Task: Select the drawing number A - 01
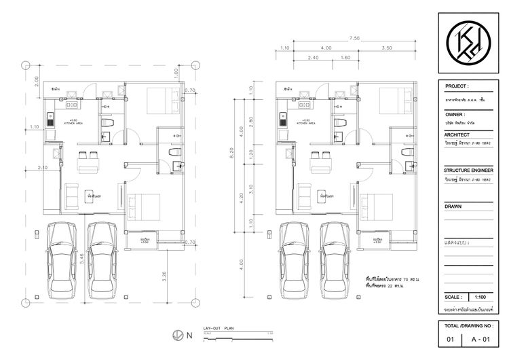pos(483,338)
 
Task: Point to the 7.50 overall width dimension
pos(354,39)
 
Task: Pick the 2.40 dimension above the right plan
pos(314,58)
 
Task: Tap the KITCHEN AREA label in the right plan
pos(305,126)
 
